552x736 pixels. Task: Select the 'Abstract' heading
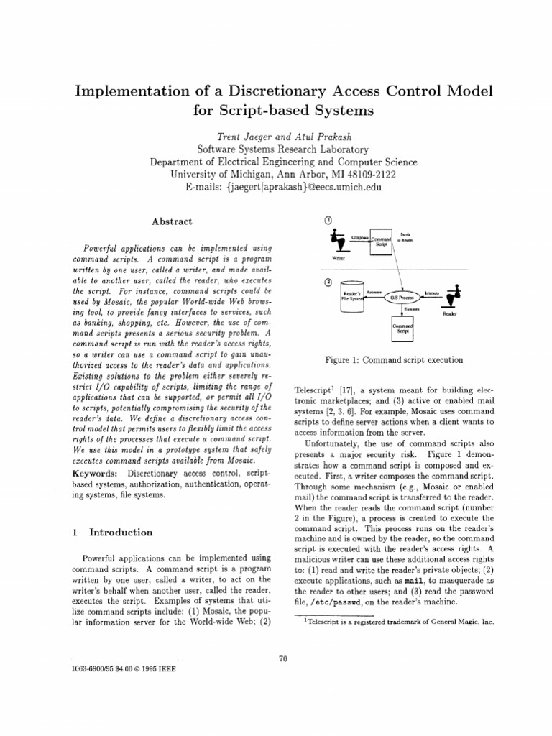coord(172,222)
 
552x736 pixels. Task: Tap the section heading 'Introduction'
coord(121,533)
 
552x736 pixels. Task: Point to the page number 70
coord(282,657)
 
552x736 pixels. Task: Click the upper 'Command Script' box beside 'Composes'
coord(381,241)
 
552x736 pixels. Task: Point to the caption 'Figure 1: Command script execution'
coord(395,359)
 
